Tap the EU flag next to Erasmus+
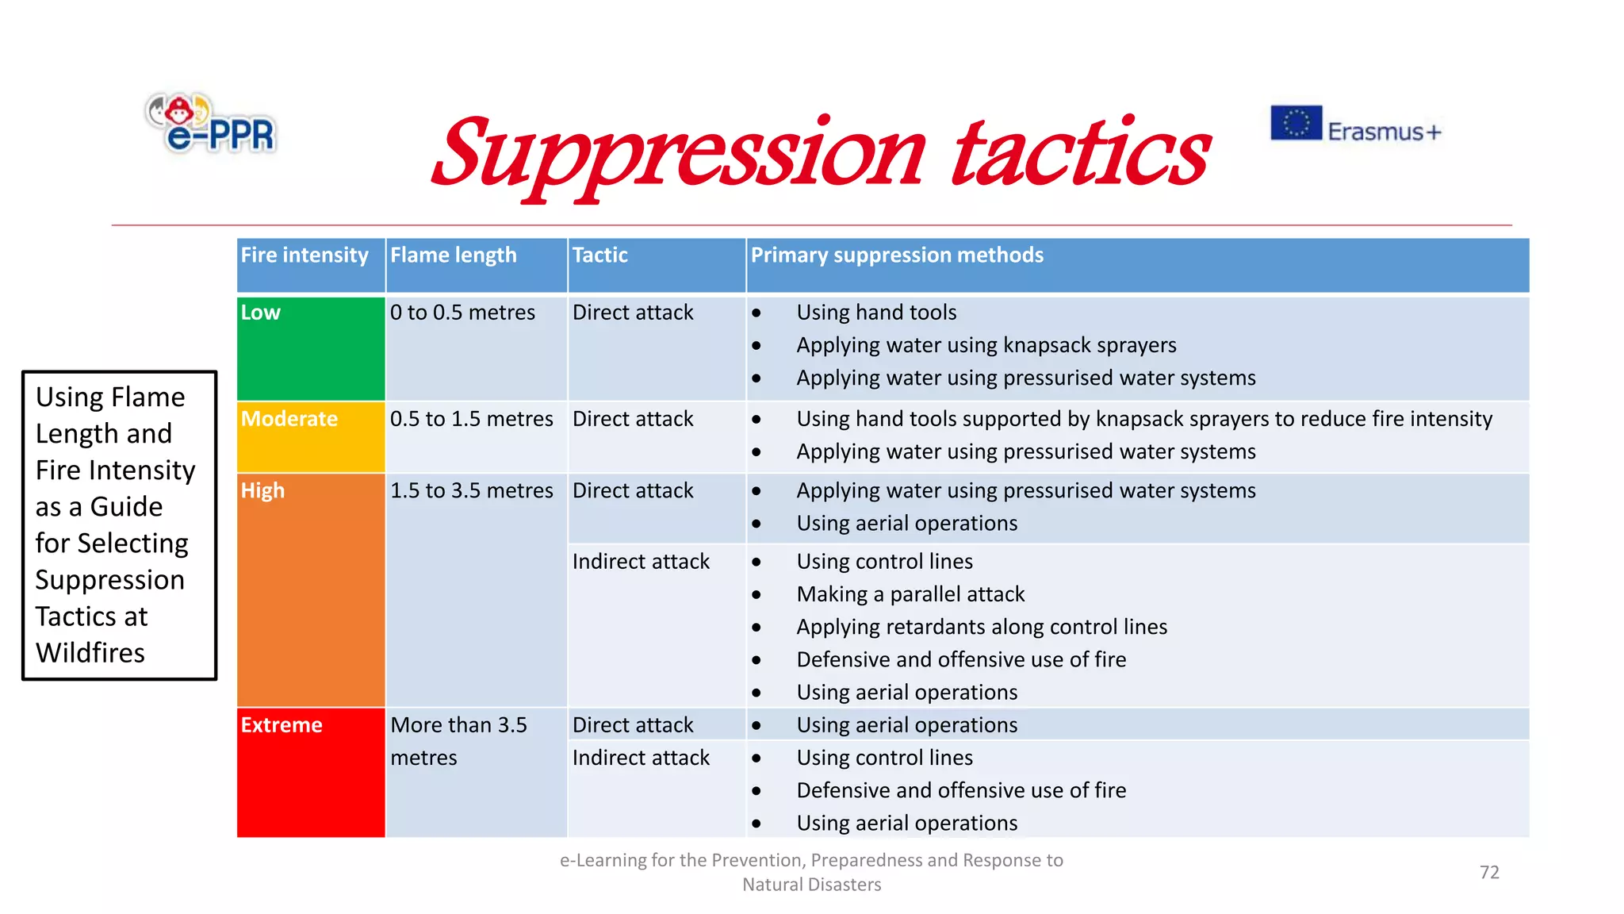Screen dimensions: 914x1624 tap(1296, 123)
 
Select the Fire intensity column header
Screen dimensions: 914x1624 tap(304, 255)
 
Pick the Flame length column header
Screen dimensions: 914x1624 tap(453, 255)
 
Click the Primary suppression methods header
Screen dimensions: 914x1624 tap(897, 255)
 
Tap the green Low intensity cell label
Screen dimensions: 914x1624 tap(261, 313)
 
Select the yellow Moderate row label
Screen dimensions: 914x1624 tap(289, 419)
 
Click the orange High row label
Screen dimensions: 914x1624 tap(262, 490)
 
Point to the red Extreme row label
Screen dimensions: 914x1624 tap(282, 725)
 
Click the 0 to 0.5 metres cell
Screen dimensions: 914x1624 tap(462, 313)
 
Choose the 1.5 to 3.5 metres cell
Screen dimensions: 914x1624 tap(471, 490)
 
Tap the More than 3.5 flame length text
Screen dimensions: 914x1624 tap(458, 725)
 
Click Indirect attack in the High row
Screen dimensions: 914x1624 tap(641, 562)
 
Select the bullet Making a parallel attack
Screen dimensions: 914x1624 tap(910, 594)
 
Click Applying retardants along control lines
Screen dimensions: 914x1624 tap(982, 627)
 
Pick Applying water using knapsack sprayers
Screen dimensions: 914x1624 tap(986, 345)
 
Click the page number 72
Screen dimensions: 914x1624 tap(1489, 872)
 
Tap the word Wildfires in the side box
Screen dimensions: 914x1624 tap(90, 653)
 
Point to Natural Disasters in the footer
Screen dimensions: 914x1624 tap(811, 885)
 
